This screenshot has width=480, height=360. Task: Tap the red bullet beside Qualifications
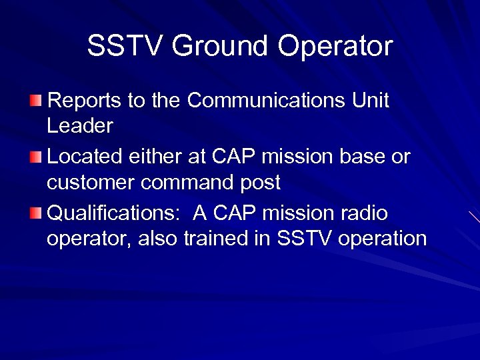[36, 214]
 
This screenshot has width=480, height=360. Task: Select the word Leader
[80, 125]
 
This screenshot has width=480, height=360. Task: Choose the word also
[159, 239]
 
